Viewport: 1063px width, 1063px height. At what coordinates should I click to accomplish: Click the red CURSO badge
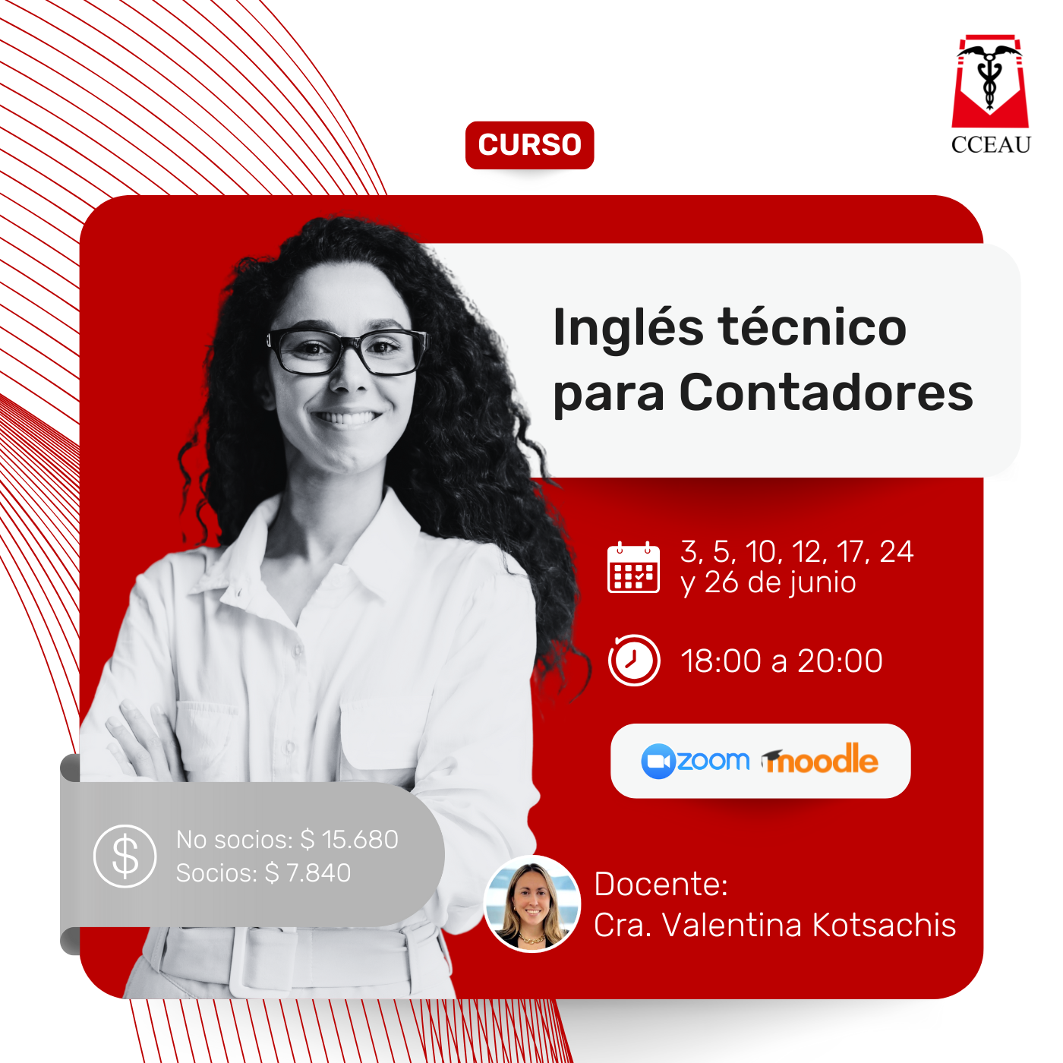click(x=529, y=145)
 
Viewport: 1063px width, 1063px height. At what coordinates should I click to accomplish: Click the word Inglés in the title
click(x=628, y=328)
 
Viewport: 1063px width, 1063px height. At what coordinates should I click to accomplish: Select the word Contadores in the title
click(x=826, y=393)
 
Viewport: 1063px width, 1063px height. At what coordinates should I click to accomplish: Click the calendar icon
click(x=633, y=567)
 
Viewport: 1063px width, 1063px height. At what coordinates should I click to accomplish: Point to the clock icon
click(x=634, y=660)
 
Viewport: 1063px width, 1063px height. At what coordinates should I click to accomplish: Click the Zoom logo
click(x=695, y=762)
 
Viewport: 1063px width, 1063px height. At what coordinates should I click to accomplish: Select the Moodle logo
click(x=819, y=759)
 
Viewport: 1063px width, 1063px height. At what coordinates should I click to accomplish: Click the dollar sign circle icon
click(x=125, y=856)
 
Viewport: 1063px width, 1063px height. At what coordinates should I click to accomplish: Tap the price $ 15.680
click(x=349, y=840)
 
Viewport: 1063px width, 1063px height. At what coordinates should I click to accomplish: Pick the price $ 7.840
click(x=308, y=873)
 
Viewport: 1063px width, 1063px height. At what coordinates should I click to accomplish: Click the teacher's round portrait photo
click(x=531, y=904)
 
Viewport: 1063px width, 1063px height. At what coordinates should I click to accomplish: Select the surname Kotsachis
click(x=884, y=925)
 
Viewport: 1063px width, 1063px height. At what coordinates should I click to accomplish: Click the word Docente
click(x=661, y=884)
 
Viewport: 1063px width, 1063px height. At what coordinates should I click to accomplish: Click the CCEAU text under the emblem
click(x=990, y=144)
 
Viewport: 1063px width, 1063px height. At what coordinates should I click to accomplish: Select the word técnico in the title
click(x=812, y=328)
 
